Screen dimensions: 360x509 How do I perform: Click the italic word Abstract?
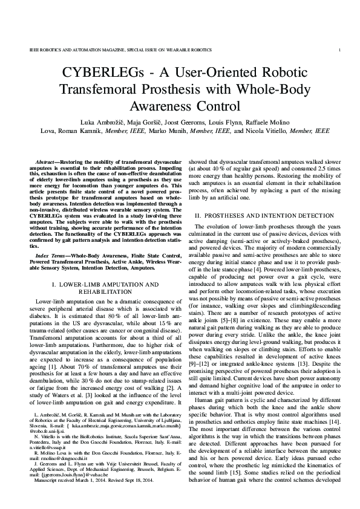[x=47, y=163]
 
